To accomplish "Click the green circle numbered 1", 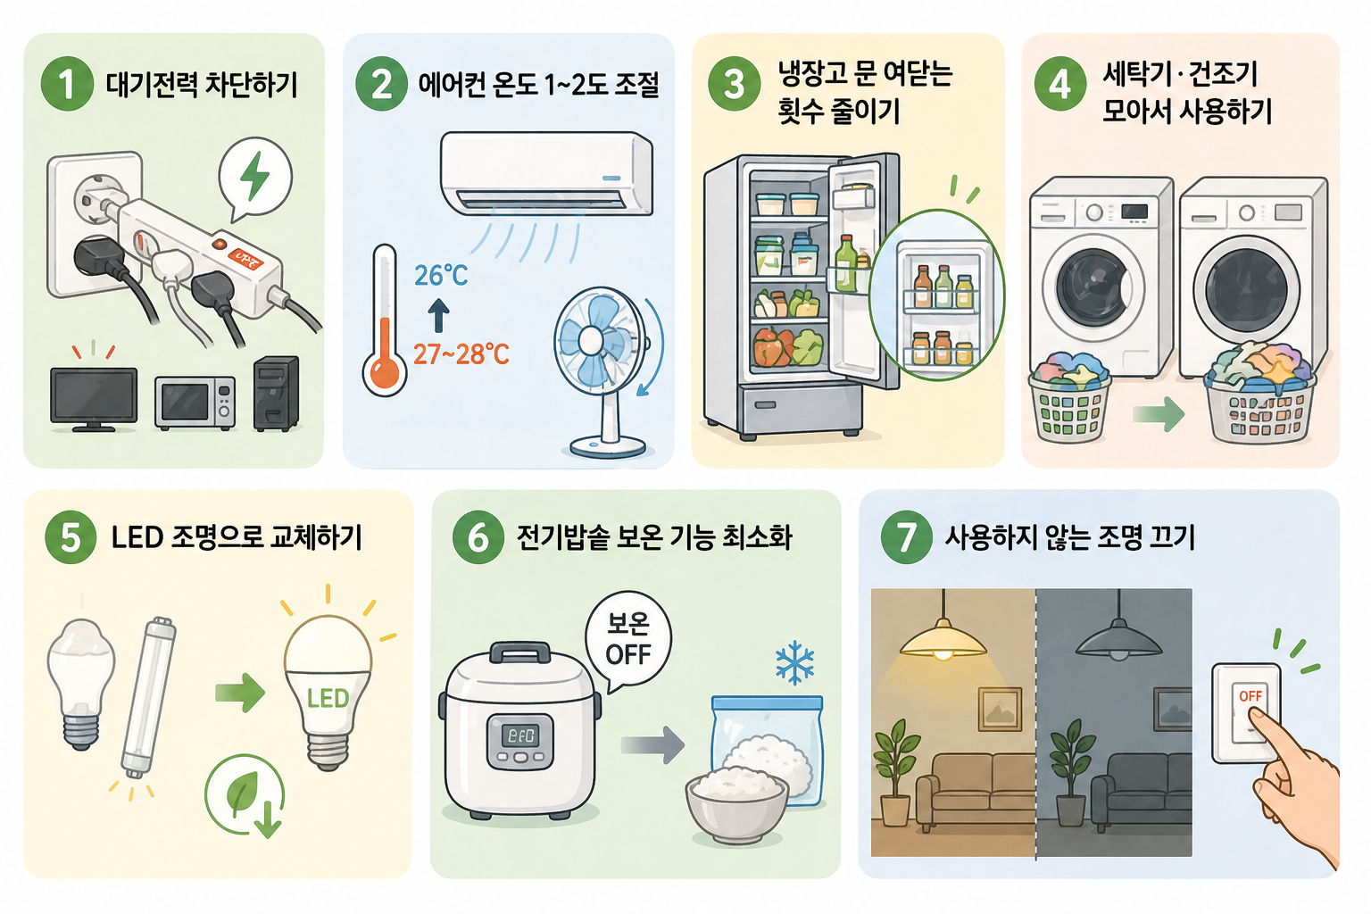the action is (66, 84).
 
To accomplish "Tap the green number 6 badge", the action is (478, 537).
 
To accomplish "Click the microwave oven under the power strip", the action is (195, 403).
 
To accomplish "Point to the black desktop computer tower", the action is (276, 394).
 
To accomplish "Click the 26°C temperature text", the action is (441, 275).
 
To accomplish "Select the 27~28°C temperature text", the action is (461, 354).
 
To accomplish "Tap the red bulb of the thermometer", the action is (385, 370).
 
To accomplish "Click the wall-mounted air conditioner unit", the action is (546, 173).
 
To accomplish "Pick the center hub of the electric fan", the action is (591, 340).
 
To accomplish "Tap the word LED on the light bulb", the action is (328, 698).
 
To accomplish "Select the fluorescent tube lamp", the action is (148, 696).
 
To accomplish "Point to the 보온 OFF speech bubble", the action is (628, 639).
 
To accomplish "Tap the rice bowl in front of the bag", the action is (737, 805).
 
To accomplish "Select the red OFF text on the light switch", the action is (1251, 696).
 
